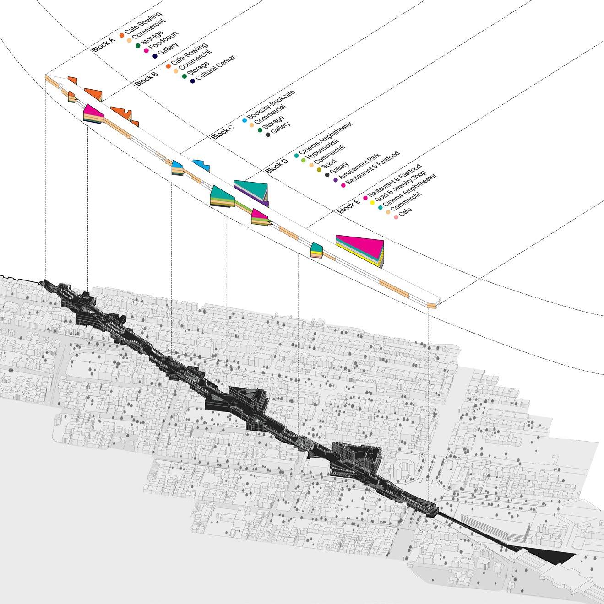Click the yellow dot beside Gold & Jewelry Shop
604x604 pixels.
click(372, 203)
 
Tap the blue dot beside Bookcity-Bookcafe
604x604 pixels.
click(244, 121)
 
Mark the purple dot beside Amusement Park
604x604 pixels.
click(336, 180)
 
